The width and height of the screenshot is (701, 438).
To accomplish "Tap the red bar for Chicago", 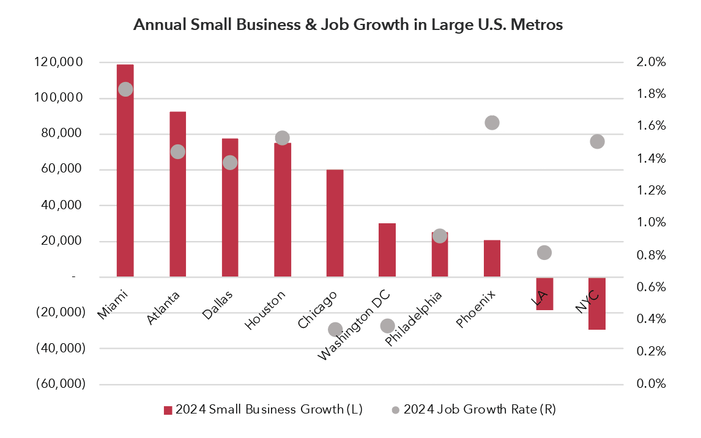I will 335,223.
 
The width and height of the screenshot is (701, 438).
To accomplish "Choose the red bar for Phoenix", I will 492,258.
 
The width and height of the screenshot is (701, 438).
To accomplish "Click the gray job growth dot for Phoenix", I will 492,123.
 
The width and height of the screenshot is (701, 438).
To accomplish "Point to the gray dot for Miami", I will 125,89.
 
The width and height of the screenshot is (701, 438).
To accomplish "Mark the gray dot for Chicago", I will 335,330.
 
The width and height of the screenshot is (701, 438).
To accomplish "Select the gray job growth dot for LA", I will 544,253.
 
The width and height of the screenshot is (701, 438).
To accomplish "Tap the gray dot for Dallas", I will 230,163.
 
